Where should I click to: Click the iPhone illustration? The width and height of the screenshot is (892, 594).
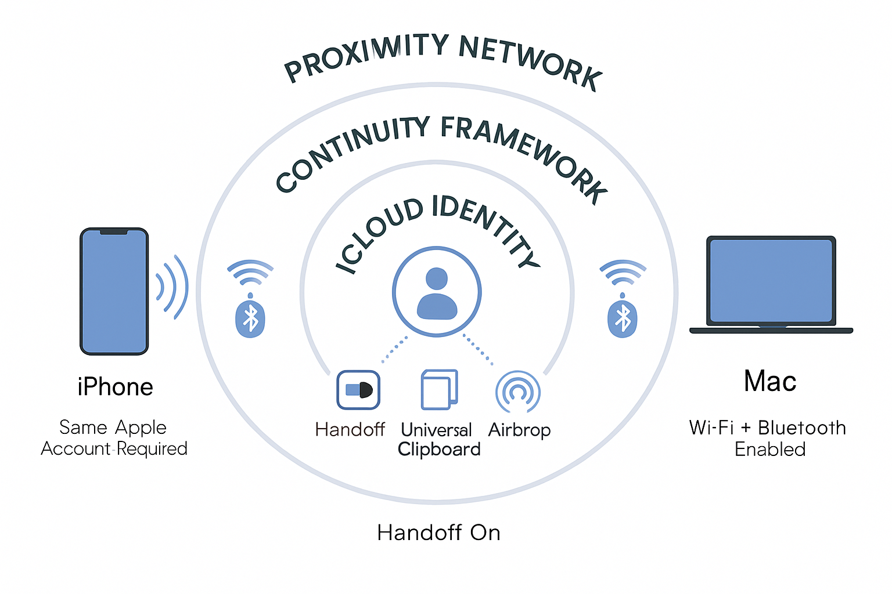point(114,291)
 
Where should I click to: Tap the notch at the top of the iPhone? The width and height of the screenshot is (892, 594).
point(114,232)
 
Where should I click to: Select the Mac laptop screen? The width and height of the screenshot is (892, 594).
point(771,281)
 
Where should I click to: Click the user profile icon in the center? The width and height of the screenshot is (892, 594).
point(437,292)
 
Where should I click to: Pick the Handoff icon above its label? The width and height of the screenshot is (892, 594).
point(358,390)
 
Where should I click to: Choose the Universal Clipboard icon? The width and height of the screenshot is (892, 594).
point(439,390)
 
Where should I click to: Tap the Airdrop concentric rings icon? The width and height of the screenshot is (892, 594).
point(518,392)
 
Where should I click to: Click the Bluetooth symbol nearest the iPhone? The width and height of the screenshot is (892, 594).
point(250,318)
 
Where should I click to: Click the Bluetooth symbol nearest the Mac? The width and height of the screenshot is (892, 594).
point(623,318)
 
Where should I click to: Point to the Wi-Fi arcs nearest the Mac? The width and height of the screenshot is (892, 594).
point(623,272)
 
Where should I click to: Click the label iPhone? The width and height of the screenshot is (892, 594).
point(115,387)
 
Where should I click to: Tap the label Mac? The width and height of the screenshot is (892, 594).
point(770,381)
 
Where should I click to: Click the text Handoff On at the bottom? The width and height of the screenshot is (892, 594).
point(438,533)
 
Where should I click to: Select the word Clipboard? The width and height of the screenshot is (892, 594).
point(439,450)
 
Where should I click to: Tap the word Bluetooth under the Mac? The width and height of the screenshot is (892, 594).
point(802,428)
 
